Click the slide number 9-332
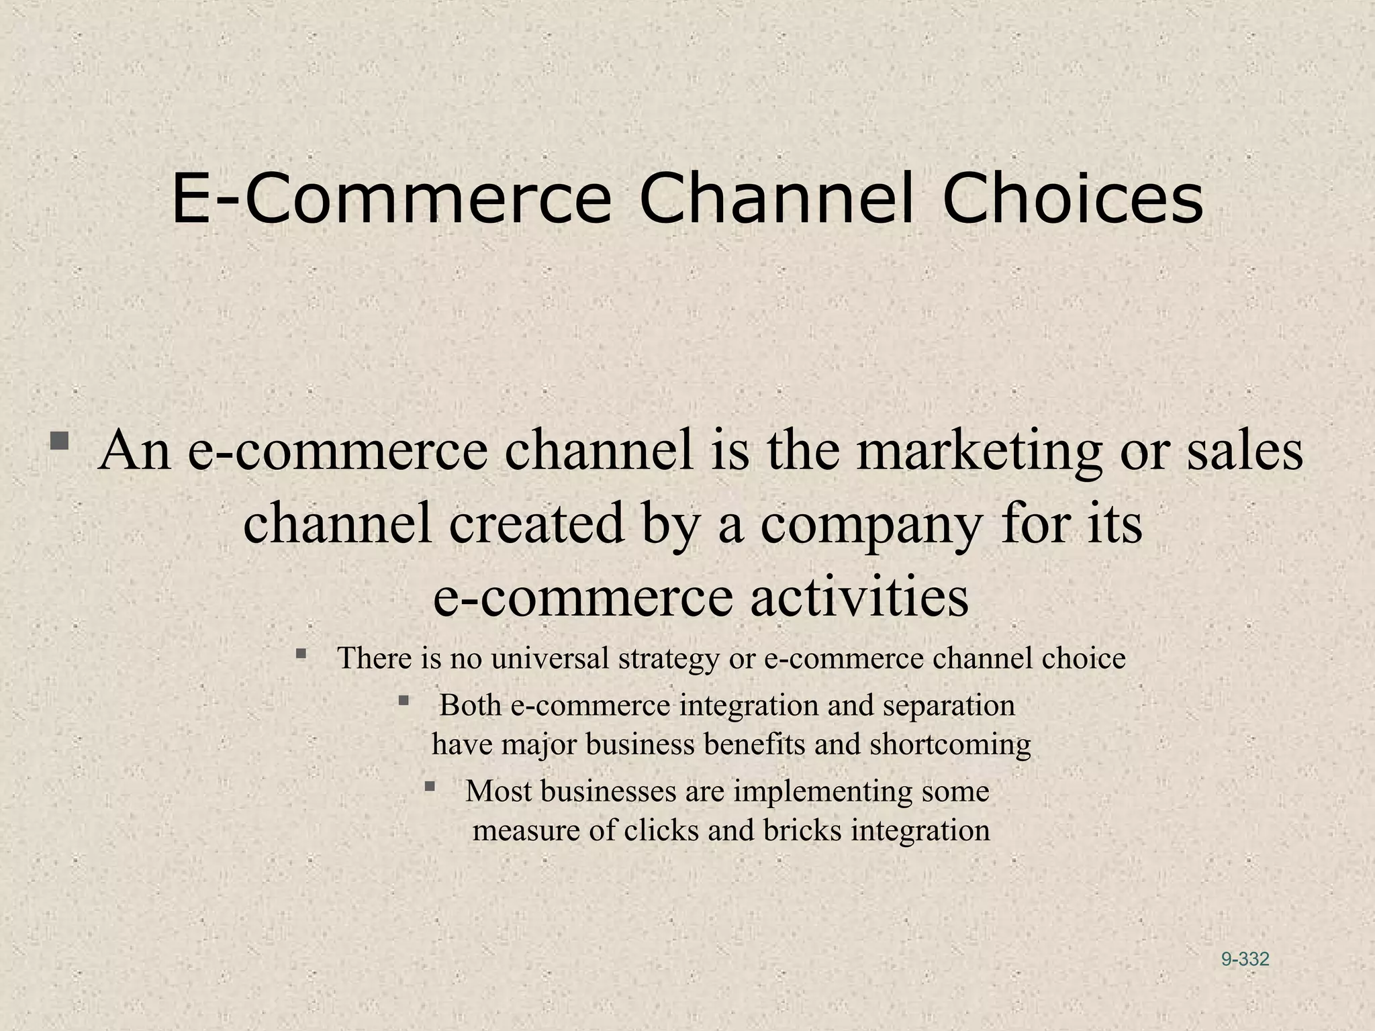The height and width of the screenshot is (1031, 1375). [x=1245, y=959]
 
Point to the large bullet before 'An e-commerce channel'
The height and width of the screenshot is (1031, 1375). [x=59, y=441]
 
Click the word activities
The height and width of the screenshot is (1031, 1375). [x=859, y=597]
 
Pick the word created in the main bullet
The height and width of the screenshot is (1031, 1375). [x=536, y=525]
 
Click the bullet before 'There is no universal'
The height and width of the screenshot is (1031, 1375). [x=301, y=652]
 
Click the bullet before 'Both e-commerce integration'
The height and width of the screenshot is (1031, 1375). [x=404, y=701]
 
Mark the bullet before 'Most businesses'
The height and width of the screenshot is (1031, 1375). [x=430, y=785]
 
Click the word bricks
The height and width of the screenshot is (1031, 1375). [x=802, y=831]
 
